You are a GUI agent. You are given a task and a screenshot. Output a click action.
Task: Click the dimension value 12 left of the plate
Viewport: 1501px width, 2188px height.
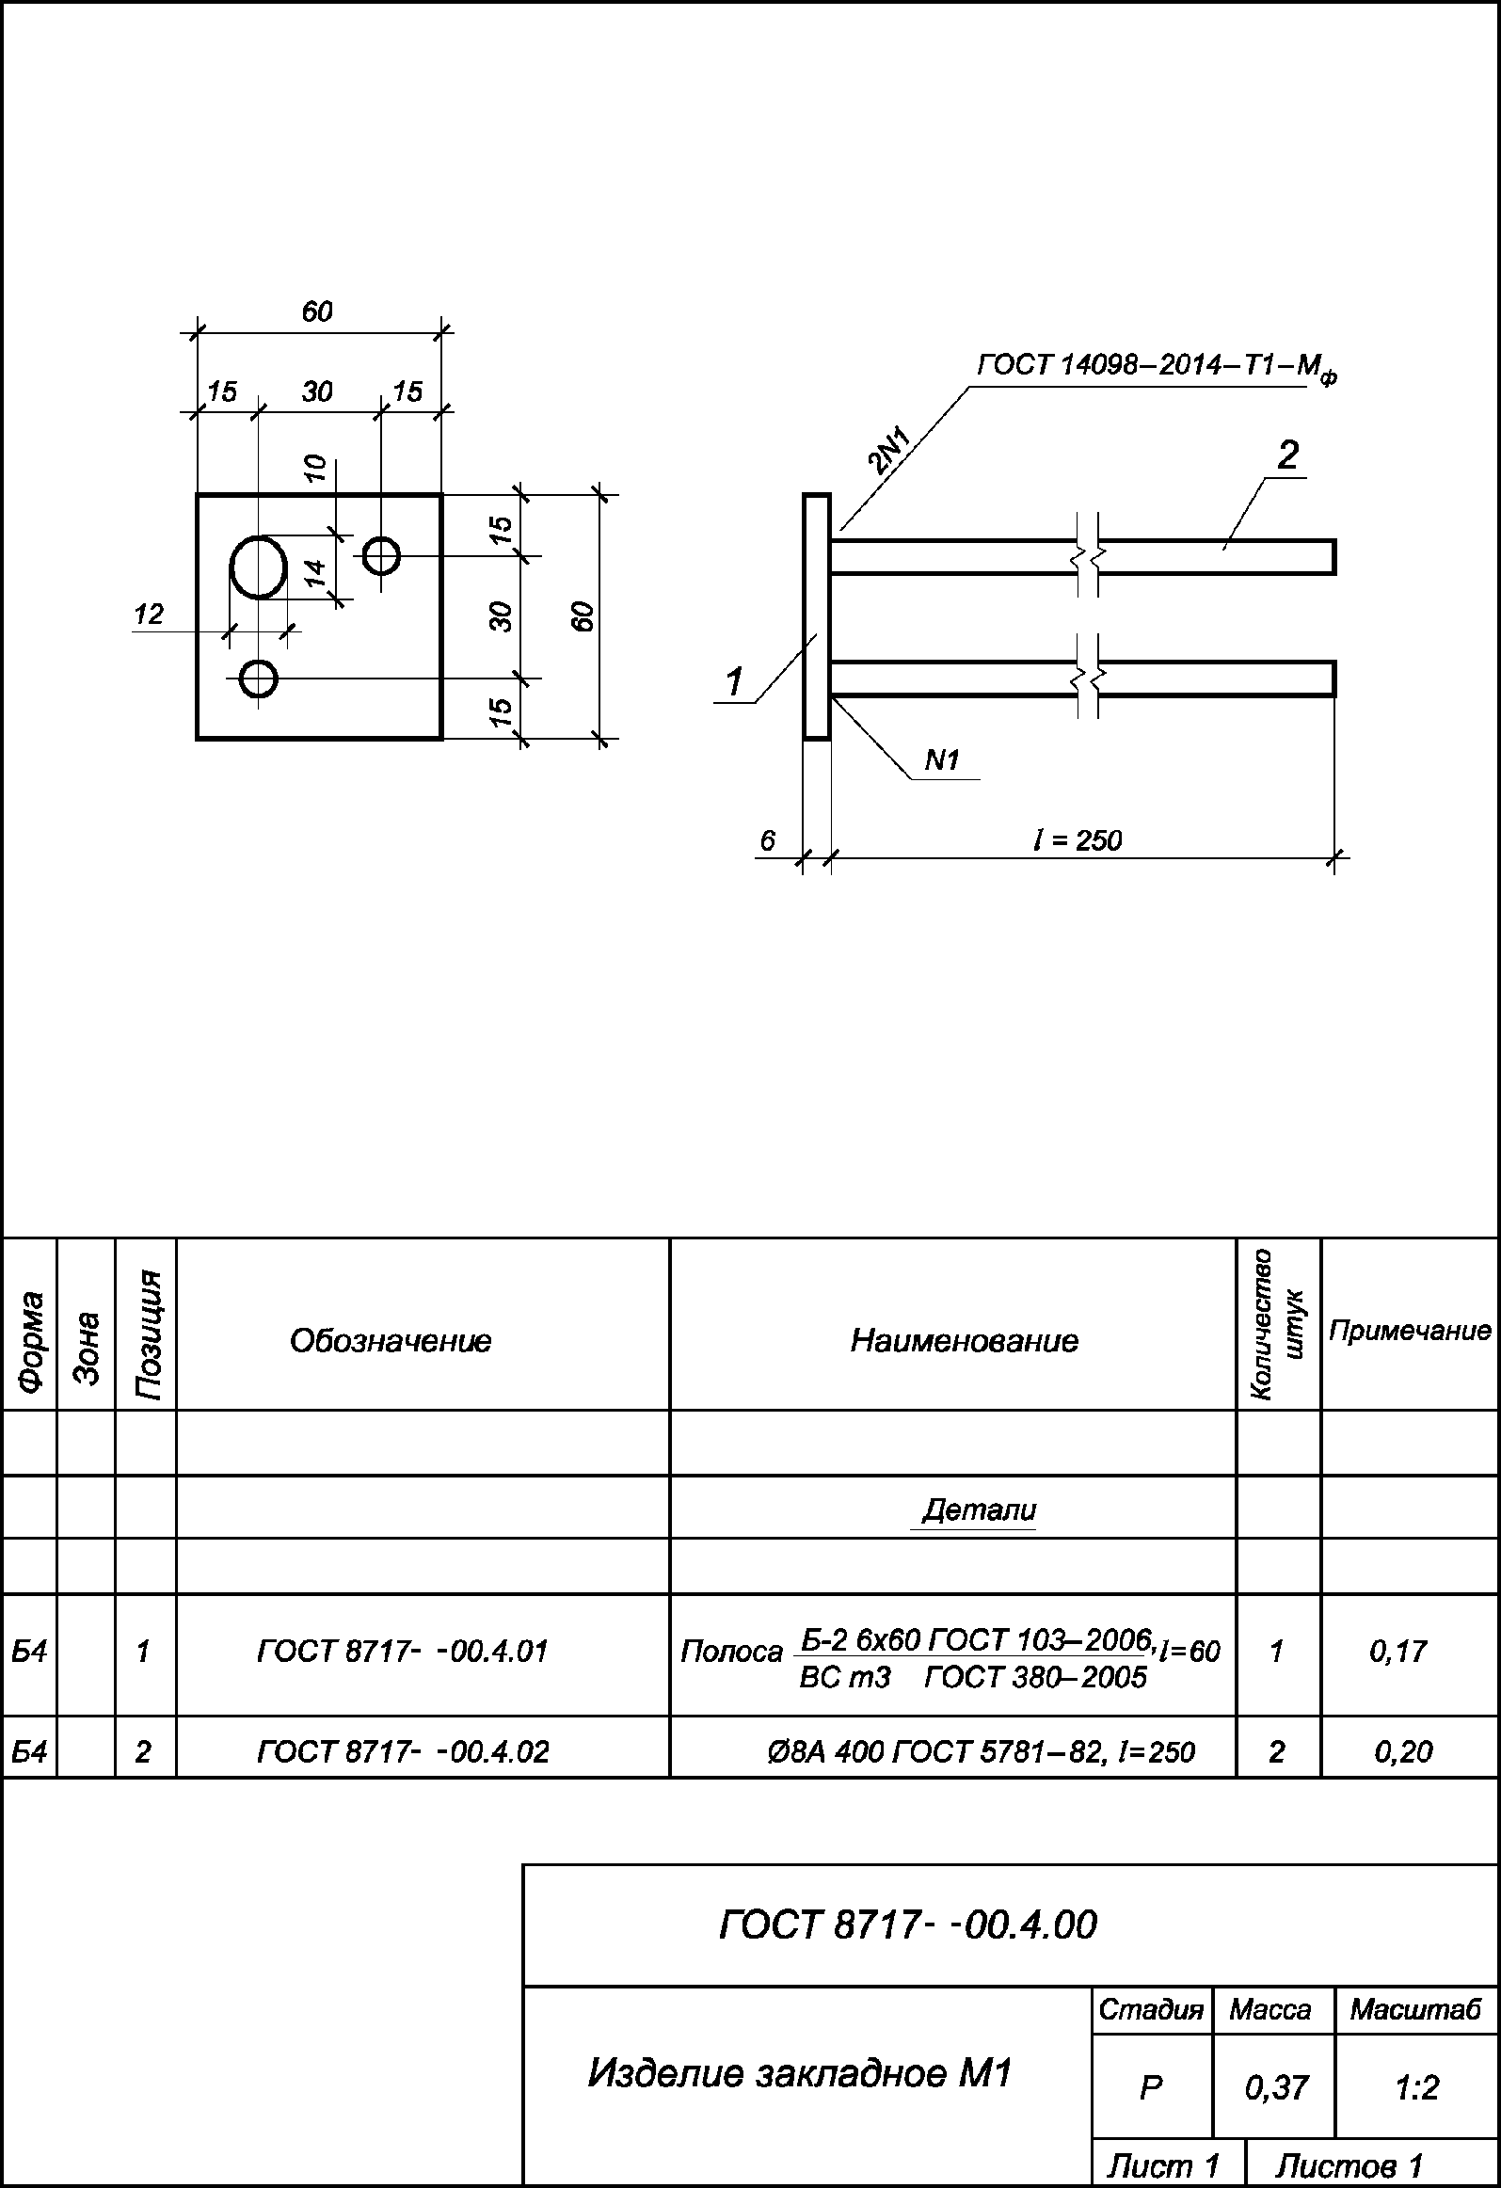point(149,615)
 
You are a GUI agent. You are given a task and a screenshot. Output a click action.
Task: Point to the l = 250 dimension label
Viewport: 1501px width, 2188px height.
point(1078,839)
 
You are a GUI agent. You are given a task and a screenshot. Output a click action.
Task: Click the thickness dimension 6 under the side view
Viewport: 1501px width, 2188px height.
point(768,839)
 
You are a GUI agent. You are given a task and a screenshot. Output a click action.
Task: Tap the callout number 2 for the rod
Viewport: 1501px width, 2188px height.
point(1287,455)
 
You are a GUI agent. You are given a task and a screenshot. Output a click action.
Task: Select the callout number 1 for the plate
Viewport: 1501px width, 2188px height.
point(734,680)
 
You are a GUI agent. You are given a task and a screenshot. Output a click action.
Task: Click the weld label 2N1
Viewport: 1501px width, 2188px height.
point(889,449)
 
